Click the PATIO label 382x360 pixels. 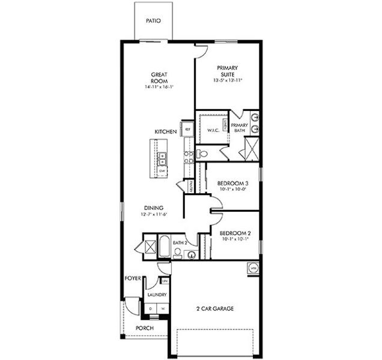(x=153, y=20)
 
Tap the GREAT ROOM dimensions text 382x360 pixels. (x=159, y=87)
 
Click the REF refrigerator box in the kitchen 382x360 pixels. (x=188, y=129)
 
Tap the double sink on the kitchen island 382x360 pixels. (x=162, y=158)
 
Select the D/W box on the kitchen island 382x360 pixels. (x=162, y=171)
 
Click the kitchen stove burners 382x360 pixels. (x=188, y=157)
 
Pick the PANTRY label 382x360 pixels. (x=191, y=187)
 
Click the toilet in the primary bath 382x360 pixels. (x=202, y=154)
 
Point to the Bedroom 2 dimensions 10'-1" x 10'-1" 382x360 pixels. (x=234, y=239)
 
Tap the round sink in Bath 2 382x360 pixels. (x=191, y=254)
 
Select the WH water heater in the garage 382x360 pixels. (x=253, y=268)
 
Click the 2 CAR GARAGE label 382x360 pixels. (x=214, y=309)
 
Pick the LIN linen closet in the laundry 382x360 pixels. (x=164, y=281)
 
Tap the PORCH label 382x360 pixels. (x=144, y=328)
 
